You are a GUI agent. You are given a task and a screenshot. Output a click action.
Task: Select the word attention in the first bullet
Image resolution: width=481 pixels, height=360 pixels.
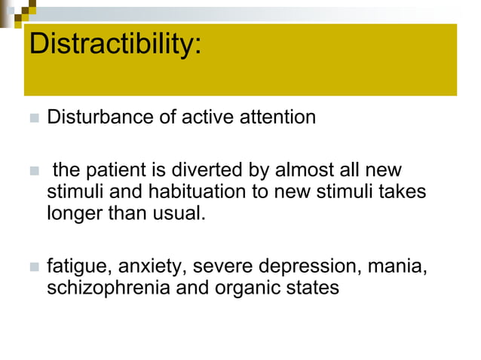pyautogui.click(x=273, y=118)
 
